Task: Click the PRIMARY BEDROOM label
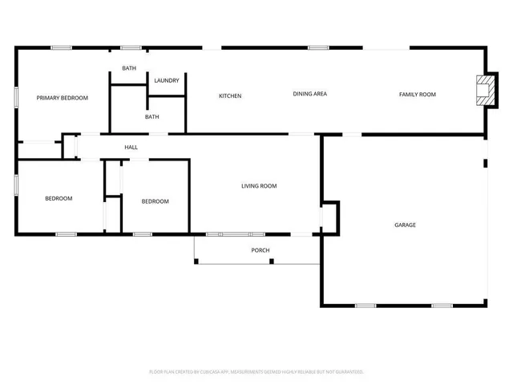(x=62, y=98)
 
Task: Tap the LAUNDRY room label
(x=166, y=80)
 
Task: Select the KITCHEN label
(x=230, y=96)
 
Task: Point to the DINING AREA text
(x=309, y=94)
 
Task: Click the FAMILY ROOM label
(x=418, y=95)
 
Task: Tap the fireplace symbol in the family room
(x=484, y=89)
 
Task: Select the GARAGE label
(x=405, y=225)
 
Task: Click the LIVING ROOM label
(x=259, y=186)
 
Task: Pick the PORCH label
(x=261, y=250)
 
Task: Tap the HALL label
(x=131, y=148)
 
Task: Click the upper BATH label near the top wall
(x=129, y=68)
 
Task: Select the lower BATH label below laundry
(x=151, y=117)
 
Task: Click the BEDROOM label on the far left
(x=59, y=199)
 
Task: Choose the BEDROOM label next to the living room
(x=156, y=201)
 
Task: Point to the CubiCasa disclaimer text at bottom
(x=256, y=371)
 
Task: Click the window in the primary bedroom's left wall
(x=16, y=96)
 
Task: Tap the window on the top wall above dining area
(x=318, y=47)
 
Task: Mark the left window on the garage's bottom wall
(x=366, y=306)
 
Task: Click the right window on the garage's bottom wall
(x=442, y=306)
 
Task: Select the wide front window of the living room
(x=235, y=234)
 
